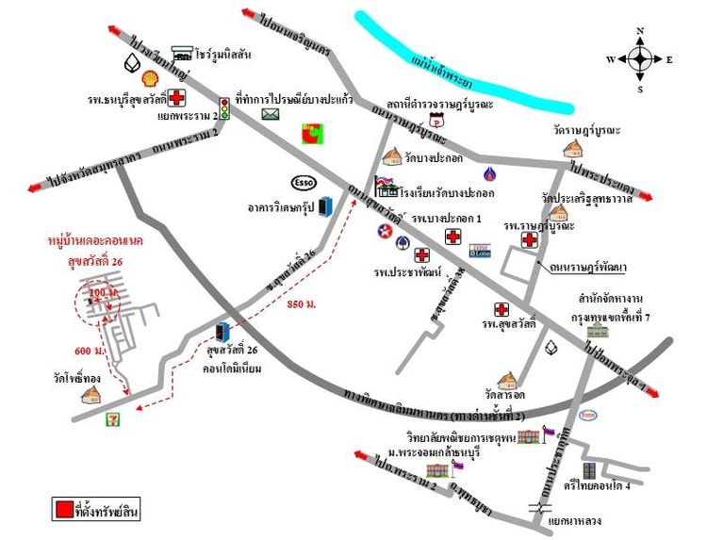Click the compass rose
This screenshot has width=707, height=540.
point(640,59)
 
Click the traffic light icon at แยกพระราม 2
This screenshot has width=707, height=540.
point(224,105)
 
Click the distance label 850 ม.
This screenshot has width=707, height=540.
point(302,304)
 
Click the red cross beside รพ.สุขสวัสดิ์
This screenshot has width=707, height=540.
point(501,309)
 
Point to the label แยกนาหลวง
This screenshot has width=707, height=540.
point(575,519)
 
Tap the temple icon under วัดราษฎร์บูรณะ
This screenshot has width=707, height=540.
point(571,148)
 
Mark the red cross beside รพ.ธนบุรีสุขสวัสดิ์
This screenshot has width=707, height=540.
point(176,97)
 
